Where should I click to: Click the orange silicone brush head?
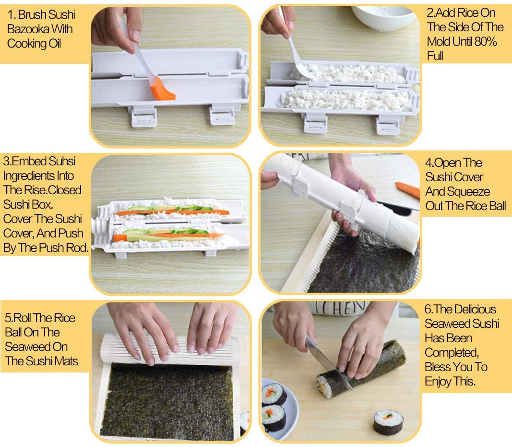[x=162, y=90]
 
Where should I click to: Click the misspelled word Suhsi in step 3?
[x=62, y=161]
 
